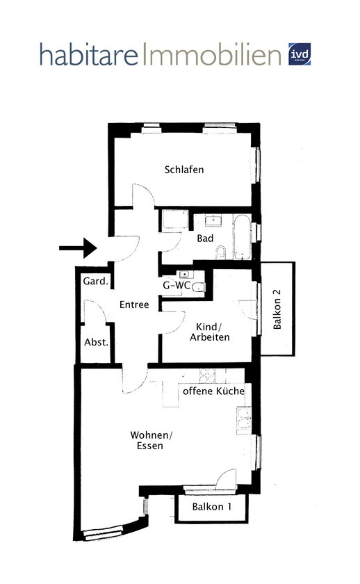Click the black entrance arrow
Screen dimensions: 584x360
(77, 248)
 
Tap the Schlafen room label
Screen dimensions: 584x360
(184, 170)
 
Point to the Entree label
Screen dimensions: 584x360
(134, 305)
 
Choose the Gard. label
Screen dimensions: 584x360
(95, 282)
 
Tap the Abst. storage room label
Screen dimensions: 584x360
(96, 342)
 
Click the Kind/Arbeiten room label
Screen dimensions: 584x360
(209, 332)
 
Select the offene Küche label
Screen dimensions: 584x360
(213, 392)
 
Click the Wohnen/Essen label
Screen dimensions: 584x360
(150, 440)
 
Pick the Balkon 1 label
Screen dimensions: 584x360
(212, 507)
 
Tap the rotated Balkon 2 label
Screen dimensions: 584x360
(277, 309)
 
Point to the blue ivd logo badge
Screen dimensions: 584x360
(300, 54)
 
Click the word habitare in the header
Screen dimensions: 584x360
(89, 55)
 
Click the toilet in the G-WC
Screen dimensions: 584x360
(198, 287)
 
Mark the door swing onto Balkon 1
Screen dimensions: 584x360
(225, 479)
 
